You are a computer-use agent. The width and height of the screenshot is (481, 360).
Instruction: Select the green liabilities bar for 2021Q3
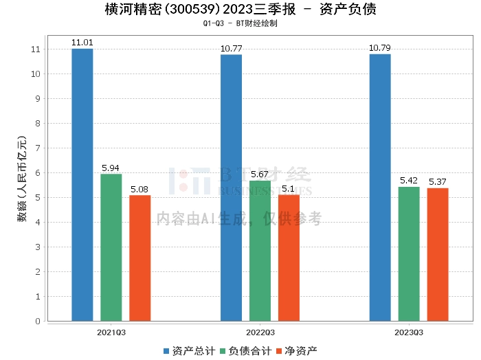pos(111,247)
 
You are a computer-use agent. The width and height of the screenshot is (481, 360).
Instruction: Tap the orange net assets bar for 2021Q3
pos(139,258)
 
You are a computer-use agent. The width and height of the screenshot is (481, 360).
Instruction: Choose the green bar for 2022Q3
pos(260,251)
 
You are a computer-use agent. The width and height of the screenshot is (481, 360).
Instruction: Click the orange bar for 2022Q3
pos(289,258)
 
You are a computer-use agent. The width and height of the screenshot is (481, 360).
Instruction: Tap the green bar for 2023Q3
pos(409,254)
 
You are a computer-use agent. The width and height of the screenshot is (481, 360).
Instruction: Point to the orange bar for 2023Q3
pos(438,254)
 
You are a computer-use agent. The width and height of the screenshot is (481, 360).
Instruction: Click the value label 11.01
pos(82,43)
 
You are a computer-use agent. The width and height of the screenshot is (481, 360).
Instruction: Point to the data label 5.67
pos(260,175)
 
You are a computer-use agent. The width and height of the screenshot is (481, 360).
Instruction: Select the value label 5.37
pos(438,182)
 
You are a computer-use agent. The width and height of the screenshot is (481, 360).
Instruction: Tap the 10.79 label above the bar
pos(380,48)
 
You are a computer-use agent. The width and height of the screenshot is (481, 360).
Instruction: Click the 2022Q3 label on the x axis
pos(260,331)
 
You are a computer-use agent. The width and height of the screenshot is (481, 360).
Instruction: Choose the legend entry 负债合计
pos(245,351)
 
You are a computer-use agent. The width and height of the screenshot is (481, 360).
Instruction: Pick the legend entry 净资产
pos(296,351)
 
